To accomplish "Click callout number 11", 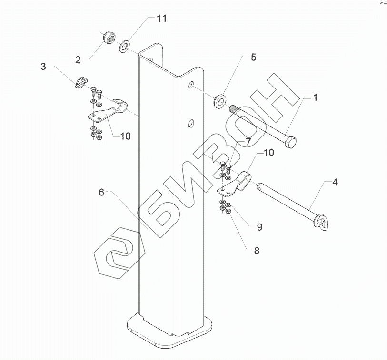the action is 162,19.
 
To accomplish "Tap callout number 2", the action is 78,59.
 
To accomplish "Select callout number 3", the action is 43,67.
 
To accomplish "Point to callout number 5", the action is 253,58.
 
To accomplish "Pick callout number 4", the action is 335,183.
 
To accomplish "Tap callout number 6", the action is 101,193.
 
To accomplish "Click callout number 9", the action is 259,227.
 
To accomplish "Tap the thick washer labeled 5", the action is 220,101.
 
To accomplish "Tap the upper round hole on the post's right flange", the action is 191,86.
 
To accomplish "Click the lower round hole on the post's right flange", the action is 190,123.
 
